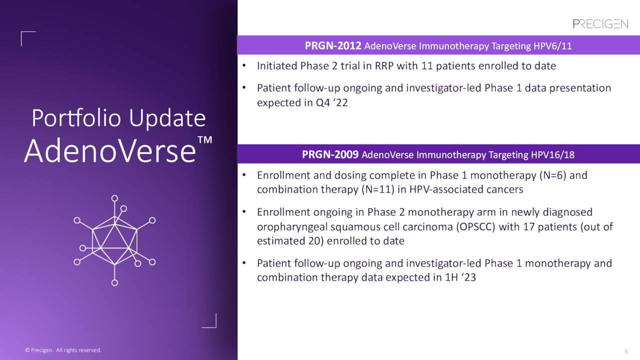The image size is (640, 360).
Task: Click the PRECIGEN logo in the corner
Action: coord(600,24)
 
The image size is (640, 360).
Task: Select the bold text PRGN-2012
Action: coord(333,45)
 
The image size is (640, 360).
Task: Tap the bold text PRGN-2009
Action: coord(330,154)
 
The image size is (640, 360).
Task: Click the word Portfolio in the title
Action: coord(76,118)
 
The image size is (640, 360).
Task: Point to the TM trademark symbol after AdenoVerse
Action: coord(205,139)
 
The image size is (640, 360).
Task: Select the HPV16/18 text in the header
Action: coord(552,155)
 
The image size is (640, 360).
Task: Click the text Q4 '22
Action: coord(331,102)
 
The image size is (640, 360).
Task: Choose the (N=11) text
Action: coord(377,189)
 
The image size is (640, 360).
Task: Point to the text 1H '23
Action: coord(460,277)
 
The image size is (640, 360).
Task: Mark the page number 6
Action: coord(626,351)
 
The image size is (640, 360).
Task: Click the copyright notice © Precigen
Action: coord(39,350)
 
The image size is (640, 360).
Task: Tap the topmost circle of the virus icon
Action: coord(114,198)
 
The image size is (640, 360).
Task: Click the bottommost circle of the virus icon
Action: coord(114,283)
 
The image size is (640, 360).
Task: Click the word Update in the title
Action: coord(167,118)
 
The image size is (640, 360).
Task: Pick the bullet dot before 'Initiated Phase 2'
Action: coord(244,65)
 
